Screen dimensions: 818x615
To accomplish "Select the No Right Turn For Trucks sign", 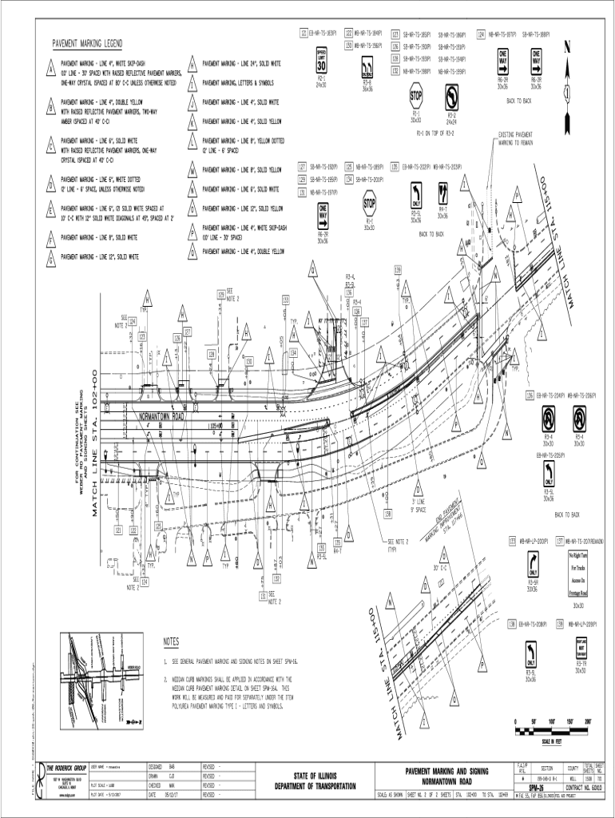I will tap(578, 572).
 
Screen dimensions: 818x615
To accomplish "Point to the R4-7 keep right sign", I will tap(442, 193).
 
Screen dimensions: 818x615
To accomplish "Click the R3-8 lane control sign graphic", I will tap(367, 66).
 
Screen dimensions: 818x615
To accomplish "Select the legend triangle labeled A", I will tap(50, 68).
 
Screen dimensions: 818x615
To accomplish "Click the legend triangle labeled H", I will tap(192, 64).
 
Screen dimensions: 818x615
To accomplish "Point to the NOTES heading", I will tap(172, 641).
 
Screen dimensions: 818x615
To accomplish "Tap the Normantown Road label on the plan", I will tap(162, 417).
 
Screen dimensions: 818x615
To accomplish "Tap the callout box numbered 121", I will tap(303, 33).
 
